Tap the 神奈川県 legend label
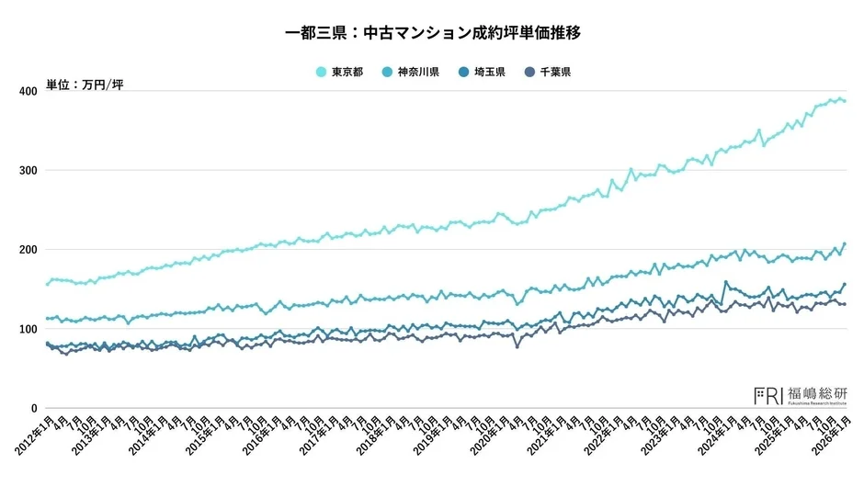pyautogui.click(x=418, y=72)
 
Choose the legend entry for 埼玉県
pyautogui.click(x=487, y=72)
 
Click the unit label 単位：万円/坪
pyautogui.click(x=85, y=85)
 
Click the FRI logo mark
pyautogui.click(x=768, y=396)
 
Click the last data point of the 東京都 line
pyautogui.click(x=845, y=101)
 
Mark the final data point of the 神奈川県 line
pyautogui.click(x=845, y=243)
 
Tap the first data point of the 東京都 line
pyautogui.click(x=47, y=284)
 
